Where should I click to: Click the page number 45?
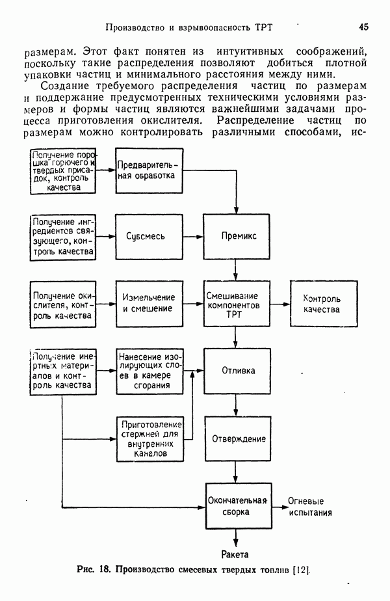(x=363, y=27)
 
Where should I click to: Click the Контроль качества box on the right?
(x=321, y=304)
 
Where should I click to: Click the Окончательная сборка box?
(x=237, y=506)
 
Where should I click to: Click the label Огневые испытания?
(x=311, y=507)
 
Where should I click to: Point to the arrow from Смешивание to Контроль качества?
(x=278, y=304)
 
